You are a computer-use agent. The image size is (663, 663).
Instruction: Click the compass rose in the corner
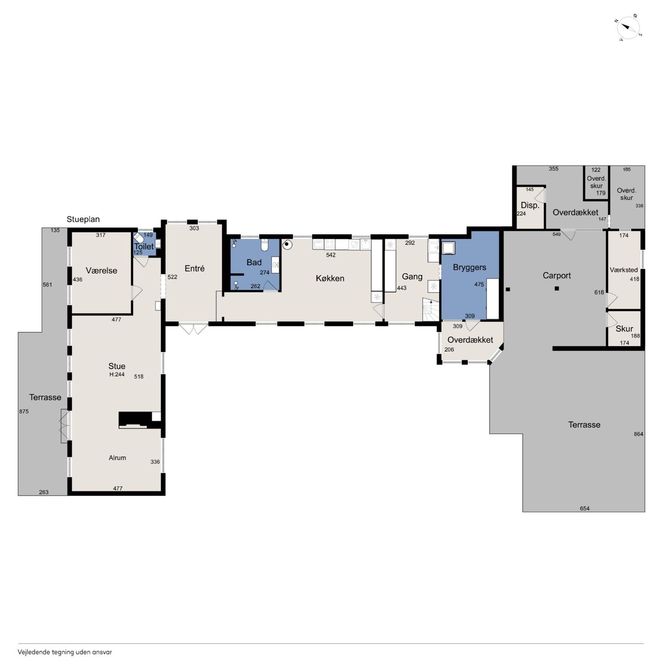[x=628, y=28]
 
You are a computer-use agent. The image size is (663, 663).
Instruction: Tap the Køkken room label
[x=330, y=278]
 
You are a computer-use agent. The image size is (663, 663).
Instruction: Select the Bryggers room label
[x=469, y=268]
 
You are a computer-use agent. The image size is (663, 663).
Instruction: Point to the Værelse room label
[x=102, y=271]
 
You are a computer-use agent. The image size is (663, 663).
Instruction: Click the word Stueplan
[x=83, y=220]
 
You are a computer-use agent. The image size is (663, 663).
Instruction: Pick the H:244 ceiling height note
[x=117, y=374]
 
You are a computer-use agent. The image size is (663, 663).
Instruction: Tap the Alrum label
[x=118, y=458]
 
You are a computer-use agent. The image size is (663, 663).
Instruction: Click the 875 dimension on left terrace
[x=24, y=411]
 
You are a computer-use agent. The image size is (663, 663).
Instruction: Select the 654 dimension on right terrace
[x=585, y=508]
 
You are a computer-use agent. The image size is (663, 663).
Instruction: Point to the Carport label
[x=557, y=276]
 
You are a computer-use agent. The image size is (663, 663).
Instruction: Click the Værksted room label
[x=624, y=270]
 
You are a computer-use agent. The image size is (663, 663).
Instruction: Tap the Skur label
[x=624, y=328]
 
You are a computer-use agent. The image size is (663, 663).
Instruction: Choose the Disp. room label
[x=530, y=206]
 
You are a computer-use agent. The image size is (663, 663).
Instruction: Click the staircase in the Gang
[x=431, y=310]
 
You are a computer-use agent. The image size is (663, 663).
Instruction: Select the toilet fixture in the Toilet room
[x=139, y=237]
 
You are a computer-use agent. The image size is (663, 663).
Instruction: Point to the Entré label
[x=195, y=269]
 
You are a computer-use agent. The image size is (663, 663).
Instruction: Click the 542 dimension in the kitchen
[x=330, y=255]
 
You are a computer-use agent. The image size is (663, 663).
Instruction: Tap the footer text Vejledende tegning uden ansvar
[x=65, y=652]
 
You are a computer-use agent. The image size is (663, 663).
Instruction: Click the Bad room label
[x=254, y=263]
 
